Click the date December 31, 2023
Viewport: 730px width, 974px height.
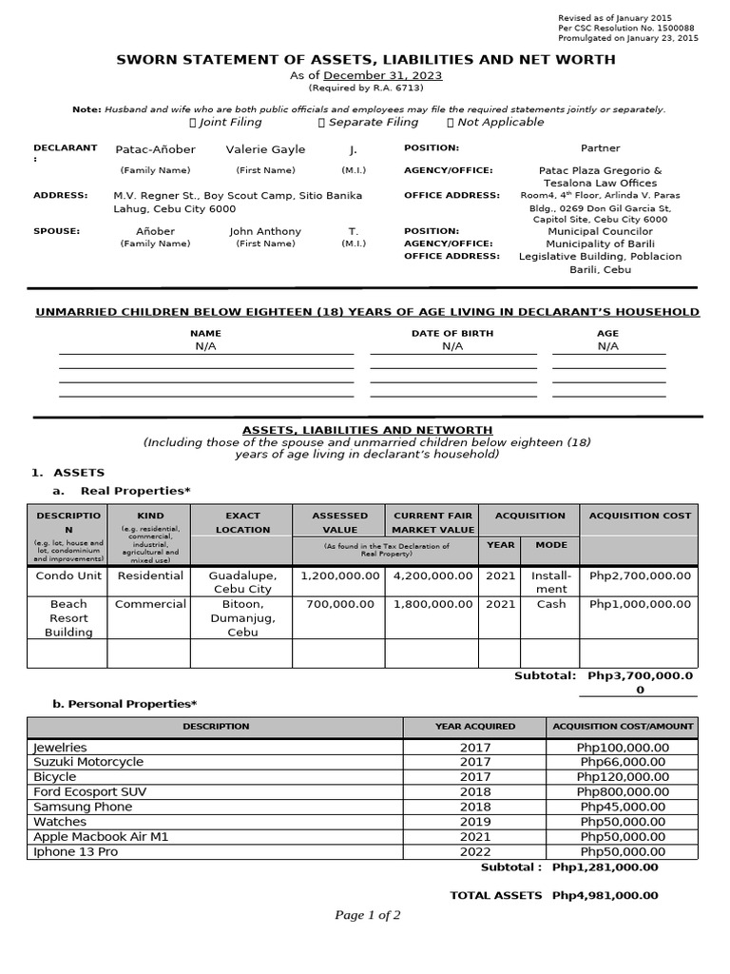point(383,76)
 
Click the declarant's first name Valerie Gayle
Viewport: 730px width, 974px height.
point(265,149)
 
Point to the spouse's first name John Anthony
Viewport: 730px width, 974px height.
point(265,231)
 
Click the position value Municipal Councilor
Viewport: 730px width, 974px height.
point(600,231)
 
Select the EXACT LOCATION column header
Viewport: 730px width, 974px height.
point(242,522)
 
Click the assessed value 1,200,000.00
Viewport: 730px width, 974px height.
point(340,575)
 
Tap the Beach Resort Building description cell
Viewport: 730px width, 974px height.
point(68,618)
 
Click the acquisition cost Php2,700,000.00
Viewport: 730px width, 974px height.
point(640,575)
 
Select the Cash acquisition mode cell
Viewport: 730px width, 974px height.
point(550,604)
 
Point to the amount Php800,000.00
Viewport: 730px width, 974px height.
point(623,791)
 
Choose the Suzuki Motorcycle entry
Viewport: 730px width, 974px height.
point(88,762)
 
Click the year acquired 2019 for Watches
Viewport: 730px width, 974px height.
point(475,822)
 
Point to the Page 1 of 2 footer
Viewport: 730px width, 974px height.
point(367,915)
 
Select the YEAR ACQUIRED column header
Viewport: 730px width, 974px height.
point(475,726)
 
